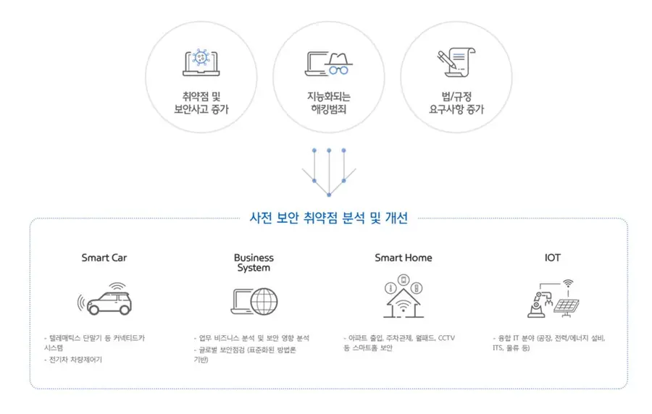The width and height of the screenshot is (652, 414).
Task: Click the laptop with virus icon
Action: pos(201,62)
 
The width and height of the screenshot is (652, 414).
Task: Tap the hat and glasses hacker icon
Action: pos(328,64)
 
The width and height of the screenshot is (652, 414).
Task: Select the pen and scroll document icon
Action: pos(456,62)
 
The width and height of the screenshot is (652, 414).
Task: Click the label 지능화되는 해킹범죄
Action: pos(328,103)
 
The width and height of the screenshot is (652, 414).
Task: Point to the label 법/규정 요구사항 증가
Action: pos(456,103)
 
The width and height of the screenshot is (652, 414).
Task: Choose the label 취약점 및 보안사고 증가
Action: pos(201,103)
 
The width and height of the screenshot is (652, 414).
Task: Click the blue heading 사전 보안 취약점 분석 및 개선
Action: pos(328,218)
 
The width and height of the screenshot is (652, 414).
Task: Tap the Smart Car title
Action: pos(104,258)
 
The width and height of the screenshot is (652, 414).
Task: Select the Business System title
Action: pos(254,263)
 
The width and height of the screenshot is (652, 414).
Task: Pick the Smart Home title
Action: pos(404,258)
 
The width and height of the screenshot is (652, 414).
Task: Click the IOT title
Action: pos(553,258)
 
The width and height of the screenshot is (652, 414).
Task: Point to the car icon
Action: pos(105,299)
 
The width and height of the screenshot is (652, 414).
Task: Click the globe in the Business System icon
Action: pos(264,302)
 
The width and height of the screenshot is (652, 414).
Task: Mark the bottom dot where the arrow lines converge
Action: pos(329,195)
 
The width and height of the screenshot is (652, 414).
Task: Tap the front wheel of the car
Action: pos(94,309)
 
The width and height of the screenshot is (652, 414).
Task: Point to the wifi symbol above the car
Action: pos(117,287)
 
